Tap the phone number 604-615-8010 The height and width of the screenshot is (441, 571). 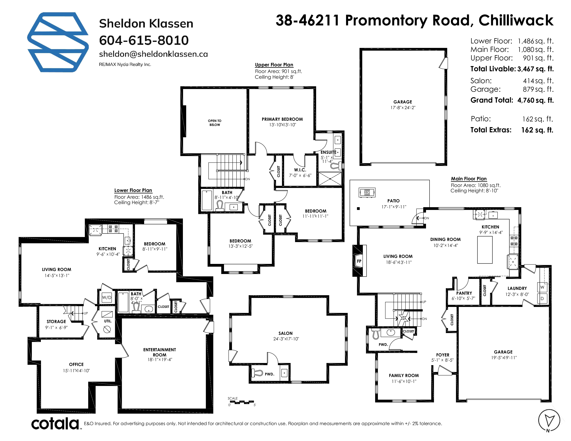pyautogui.click(x=144, y=40)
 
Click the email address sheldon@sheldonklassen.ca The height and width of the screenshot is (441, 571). pyautogui.click(x=153, y=54)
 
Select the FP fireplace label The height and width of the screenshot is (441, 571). pyautogui.click(x=359, y=261)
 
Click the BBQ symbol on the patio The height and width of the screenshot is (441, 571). pyautogui.click(x=367, y=192)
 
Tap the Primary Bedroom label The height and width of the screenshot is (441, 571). pyautogui.click(x=282, y=119)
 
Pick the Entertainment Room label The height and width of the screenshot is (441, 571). pyautogui.click(x=160, y=352)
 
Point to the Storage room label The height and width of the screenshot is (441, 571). pyautogui.click(x=56, y=321)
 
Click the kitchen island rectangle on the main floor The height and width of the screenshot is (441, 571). pyautogui.click(x=485, y=250)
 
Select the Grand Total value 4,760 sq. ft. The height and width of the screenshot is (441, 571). pyautogui.click(x=536, y=100)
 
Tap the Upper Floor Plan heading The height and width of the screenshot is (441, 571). pyautogui.click(x=274, y=65)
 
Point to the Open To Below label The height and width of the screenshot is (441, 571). pyautogui.click(x=215, y=123)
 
